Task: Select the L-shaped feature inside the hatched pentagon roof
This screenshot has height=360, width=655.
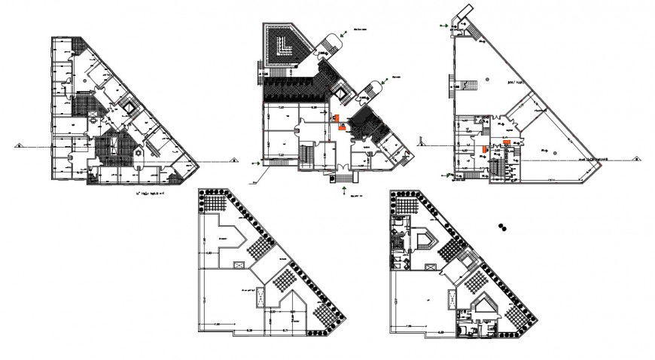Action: (x=285, y=47)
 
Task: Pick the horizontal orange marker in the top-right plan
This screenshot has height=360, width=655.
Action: (x=507, y=142)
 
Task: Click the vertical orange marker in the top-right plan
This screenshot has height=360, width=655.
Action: (x=484, y=149)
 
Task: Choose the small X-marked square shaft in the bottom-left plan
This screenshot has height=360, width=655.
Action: (x=239, y=265)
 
